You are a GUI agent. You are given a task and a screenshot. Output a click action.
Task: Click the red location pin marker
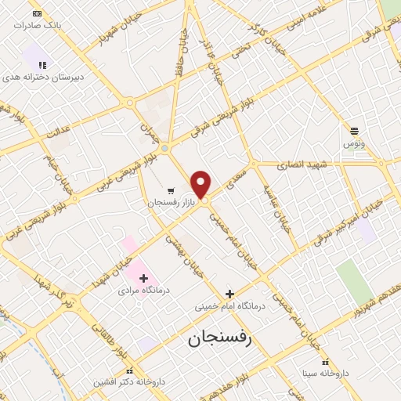click(201, 185)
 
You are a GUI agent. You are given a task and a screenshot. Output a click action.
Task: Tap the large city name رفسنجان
click(222, 341)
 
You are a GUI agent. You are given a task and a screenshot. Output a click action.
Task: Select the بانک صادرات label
click(38, 25)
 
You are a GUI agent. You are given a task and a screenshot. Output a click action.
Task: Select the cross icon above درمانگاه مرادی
click(143, 278)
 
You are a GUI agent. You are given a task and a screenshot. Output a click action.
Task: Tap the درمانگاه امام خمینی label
click(230, 306)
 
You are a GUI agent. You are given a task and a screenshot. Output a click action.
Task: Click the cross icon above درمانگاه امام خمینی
click(229, 294)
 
